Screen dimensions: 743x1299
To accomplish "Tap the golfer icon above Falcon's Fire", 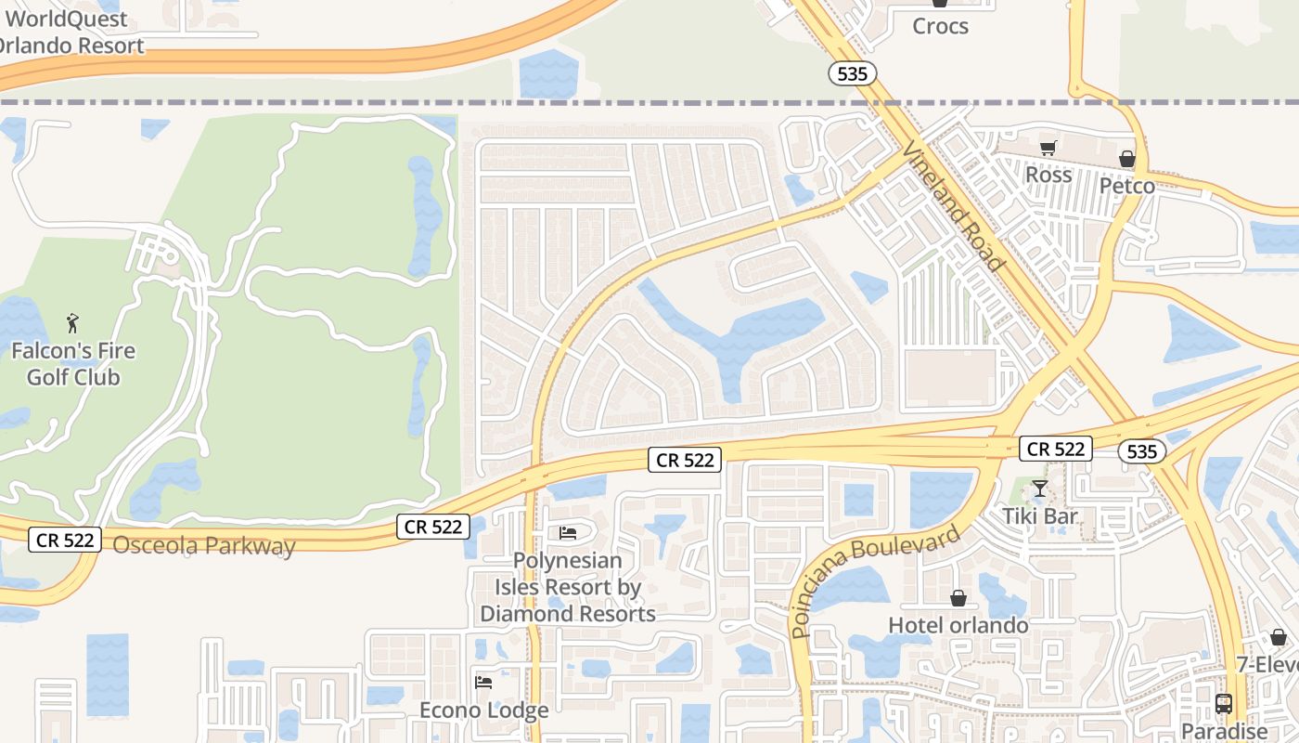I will pos(73,323).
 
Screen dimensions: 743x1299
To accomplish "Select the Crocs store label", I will pos(940,26).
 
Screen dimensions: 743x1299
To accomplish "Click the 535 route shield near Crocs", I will pos(852,73).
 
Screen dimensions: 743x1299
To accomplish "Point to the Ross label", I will pos(1048,175).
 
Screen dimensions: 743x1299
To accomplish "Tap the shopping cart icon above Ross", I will pos(1048,148).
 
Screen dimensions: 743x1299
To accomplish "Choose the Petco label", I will pos(1127,186).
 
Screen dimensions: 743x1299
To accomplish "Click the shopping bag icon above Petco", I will pos(1127,159).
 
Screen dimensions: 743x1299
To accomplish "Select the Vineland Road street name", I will pos(954,206).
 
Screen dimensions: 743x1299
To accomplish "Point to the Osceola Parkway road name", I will pos(204,545).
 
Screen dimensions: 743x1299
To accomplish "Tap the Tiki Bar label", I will pos(1040,516).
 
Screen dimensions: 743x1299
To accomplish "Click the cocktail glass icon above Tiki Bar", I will pos(1040,489).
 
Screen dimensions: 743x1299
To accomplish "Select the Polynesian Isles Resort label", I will pos(568,587).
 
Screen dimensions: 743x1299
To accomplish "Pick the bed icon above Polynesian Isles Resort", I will pos(568,532).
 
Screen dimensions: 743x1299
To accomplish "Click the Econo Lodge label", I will pos(483,710).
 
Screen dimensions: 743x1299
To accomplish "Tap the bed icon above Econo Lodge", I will pos(483,683).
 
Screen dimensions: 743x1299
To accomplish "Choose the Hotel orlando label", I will pos(958,625).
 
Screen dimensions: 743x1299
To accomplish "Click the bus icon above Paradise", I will pos(1224,704).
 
